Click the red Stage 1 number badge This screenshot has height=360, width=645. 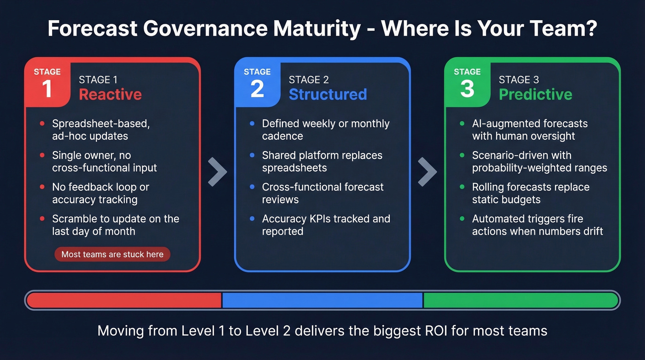coord(47,83)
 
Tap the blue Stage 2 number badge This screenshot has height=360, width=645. coord(257,83)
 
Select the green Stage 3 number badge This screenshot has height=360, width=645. coord(467,83)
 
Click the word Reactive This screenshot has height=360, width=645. coord(110,94)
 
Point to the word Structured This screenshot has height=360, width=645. coord(328,94)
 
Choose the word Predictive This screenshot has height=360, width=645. coord(535,94)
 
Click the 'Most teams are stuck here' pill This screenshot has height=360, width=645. coord(112,254)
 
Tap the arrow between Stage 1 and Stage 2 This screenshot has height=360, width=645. coord(217,171)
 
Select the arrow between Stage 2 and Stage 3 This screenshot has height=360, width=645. coord(427,171)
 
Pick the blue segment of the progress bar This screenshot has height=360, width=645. coord(322,301)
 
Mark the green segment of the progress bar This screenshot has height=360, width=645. coord(521,301)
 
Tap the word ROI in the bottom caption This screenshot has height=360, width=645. coord(434,330)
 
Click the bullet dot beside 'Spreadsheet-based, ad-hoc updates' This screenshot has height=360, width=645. coord(42,124)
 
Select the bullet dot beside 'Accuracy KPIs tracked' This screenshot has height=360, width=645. coord(252,218)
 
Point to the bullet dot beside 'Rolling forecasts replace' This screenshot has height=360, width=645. coord(462,187)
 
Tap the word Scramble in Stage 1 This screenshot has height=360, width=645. coord(75,218)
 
